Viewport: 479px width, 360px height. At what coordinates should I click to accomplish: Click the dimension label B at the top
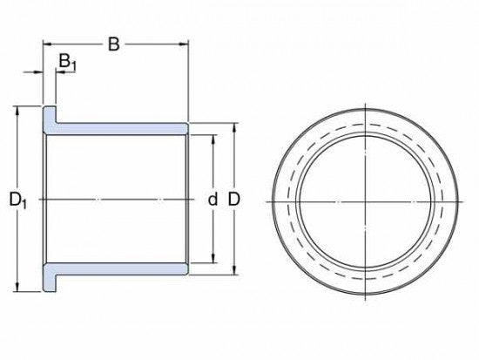click(113, 44)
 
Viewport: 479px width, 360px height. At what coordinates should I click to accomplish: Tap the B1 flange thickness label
click(68, 61)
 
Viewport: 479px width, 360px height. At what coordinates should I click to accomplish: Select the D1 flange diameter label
click(17, 200)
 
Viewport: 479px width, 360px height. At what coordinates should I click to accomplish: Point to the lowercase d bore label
click(213, 199)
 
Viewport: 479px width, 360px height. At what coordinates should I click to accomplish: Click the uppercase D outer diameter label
click(234, 199)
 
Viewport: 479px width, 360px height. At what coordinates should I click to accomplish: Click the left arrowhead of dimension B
click(47, 44)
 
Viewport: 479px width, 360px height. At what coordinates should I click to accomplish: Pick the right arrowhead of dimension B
click(184, 44)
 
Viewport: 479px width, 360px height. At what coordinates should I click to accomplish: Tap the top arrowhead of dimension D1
click(17, 111)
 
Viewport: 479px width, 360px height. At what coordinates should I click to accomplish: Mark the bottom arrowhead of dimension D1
click(17, 287)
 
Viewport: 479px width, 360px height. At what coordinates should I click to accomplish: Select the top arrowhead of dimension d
click(213, 139)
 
